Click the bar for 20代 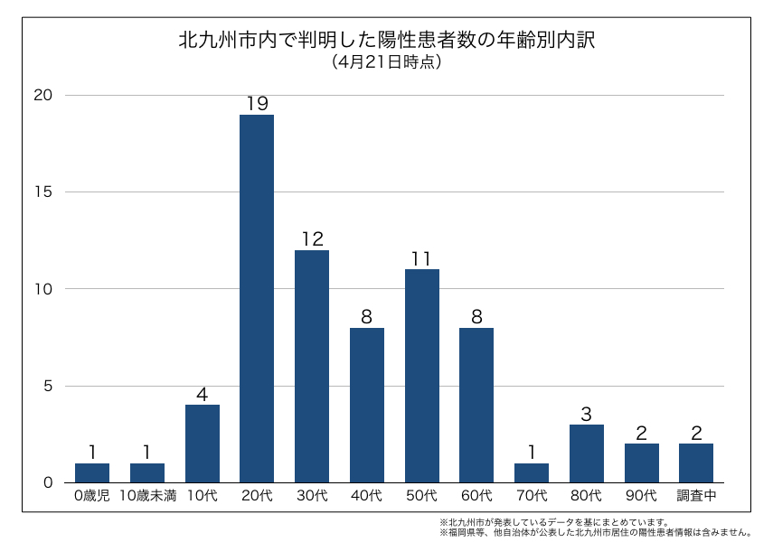(257, 298)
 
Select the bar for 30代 (312, 366)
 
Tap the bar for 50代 (421, 376)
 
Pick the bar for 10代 (202, 444)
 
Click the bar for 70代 (532, 472)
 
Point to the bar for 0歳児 (92, 472)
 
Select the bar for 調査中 (696, 463)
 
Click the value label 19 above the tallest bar (257, 104)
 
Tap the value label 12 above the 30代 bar (312, 239)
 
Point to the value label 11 (421, 258)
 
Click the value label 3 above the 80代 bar (586, 414)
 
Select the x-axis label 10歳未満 (147, 496)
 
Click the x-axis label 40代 (366, 496)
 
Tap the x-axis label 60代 (476, 496)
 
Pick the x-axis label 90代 (641, 496)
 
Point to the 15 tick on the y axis (44, 192)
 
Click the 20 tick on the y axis (44, 95)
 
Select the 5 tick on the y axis (49, 386)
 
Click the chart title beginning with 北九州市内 (386, 42)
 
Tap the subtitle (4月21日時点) (386, 63)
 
